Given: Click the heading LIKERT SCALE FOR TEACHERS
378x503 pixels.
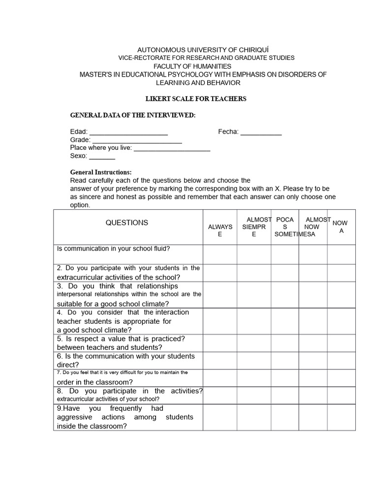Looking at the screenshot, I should click(196, 99).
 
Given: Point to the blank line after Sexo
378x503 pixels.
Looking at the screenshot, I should click(102, 158).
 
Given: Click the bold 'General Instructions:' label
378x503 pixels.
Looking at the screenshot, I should click(101, 172).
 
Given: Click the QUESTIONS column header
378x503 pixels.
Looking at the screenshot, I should click(126, 223).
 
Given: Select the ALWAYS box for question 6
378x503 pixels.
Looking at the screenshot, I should click(220, 361).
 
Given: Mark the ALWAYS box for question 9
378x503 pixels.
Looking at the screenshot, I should click(220, 417).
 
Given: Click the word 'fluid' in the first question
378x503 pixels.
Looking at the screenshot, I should click(159, 249).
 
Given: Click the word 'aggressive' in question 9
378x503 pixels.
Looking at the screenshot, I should click(72, 417).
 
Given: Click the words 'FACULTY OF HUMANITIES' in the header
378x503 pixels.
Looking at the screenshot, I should click(192, 66).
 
